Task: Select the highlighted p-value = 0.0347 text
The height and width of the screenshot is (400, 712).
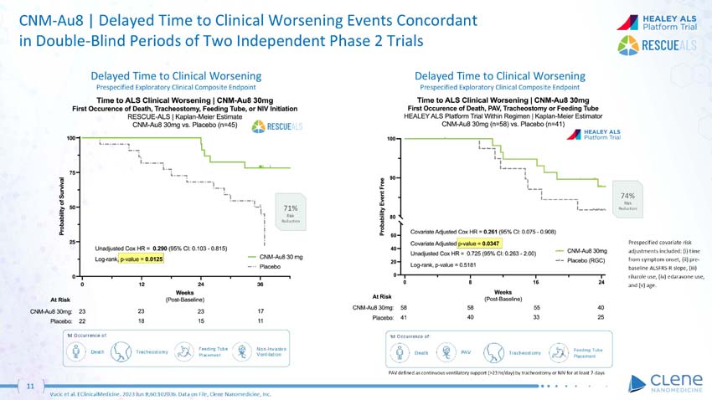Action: click(476, 243)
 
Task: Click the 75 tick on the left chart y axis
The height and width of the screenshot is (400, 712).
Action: click(73, 172)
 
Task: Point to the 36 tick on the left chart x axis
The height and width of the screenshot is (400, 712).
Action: click(261, 284)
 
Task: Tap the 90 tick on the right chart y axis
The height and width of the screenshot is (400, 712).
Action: click(395, 177)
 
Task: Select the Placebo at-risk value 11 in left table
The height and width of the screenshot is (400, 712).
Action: click(261, 321)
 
